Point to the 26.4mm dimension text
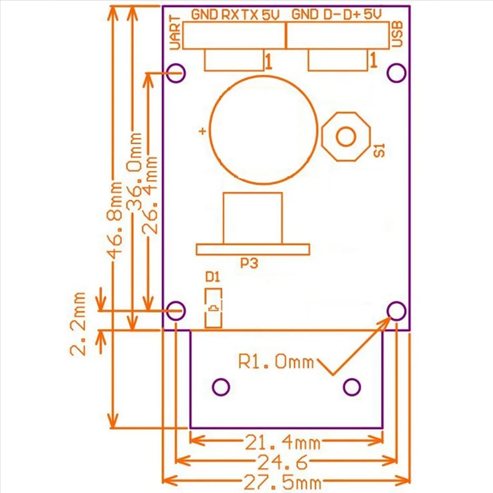[x=152, y=195]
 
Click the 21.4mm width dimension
[x=283, y=443]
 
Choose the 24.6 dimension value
[x=282, y=463]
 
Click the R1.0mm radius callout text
[x=276, y=362]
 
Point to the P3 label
[x=249, y=263]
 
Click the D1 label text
[x=213, y=278]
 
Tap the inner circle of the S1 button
[x=346, y=136]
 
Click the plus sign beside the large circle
[x=202, y=131]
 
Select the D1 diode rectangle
[x=213, y=308]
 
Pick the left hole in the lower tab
[x=221, y=387]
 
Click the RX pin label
[x=230, y=15]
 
